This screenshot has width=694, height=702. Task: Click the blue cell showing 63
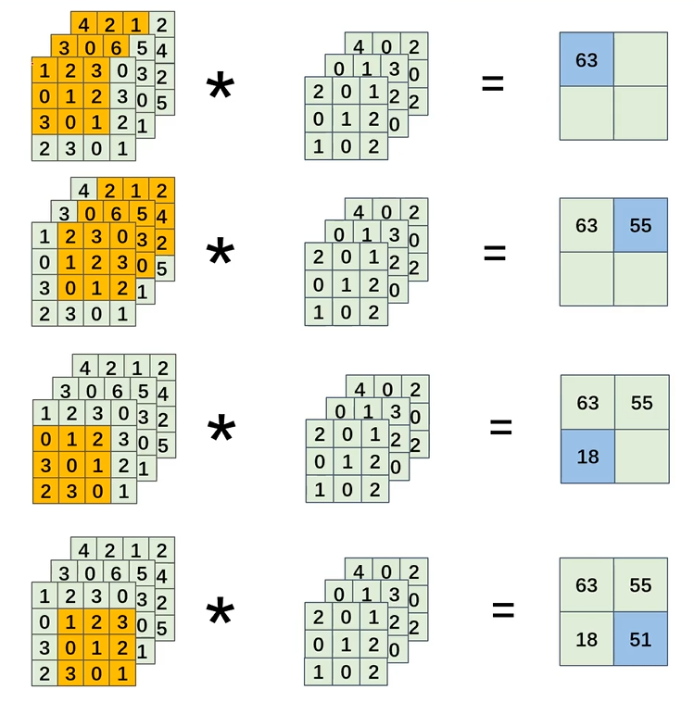tap(587, 59)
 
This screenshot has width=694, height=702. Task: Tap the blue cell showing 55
tap(640, 225)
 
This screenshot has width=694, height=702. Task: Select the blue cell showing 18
tap(587, 456)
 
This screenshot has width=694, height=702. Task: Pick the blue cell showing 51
tap(640, 638)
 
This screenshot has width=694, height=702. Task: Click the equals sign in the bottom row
tap(502, 609)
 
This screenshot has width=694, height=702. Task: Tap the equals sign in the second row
tap(495, 252)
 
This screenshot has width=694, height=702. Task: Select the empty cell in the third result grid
tap(641, 456)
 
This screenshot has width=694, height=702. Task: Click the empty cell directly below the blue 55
tap(640, 279)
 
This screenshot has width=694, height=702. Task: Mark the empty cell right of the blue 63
tap(640, 59)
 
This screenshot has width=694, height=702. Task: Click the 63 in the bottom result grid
tap(587, 585)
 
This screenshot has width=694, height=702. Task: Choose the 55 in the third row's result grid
tap(641, 403)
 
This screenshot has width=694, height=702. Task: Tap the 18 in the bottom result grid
tap(587, 638)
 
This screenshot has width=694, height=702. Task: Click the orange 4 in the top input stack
tap(84, 24)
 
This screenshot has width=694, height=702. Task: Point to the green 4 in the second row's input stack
tap(84, 192)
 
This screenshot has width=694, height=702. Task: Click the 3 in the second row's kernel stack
tap(393, 234)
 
